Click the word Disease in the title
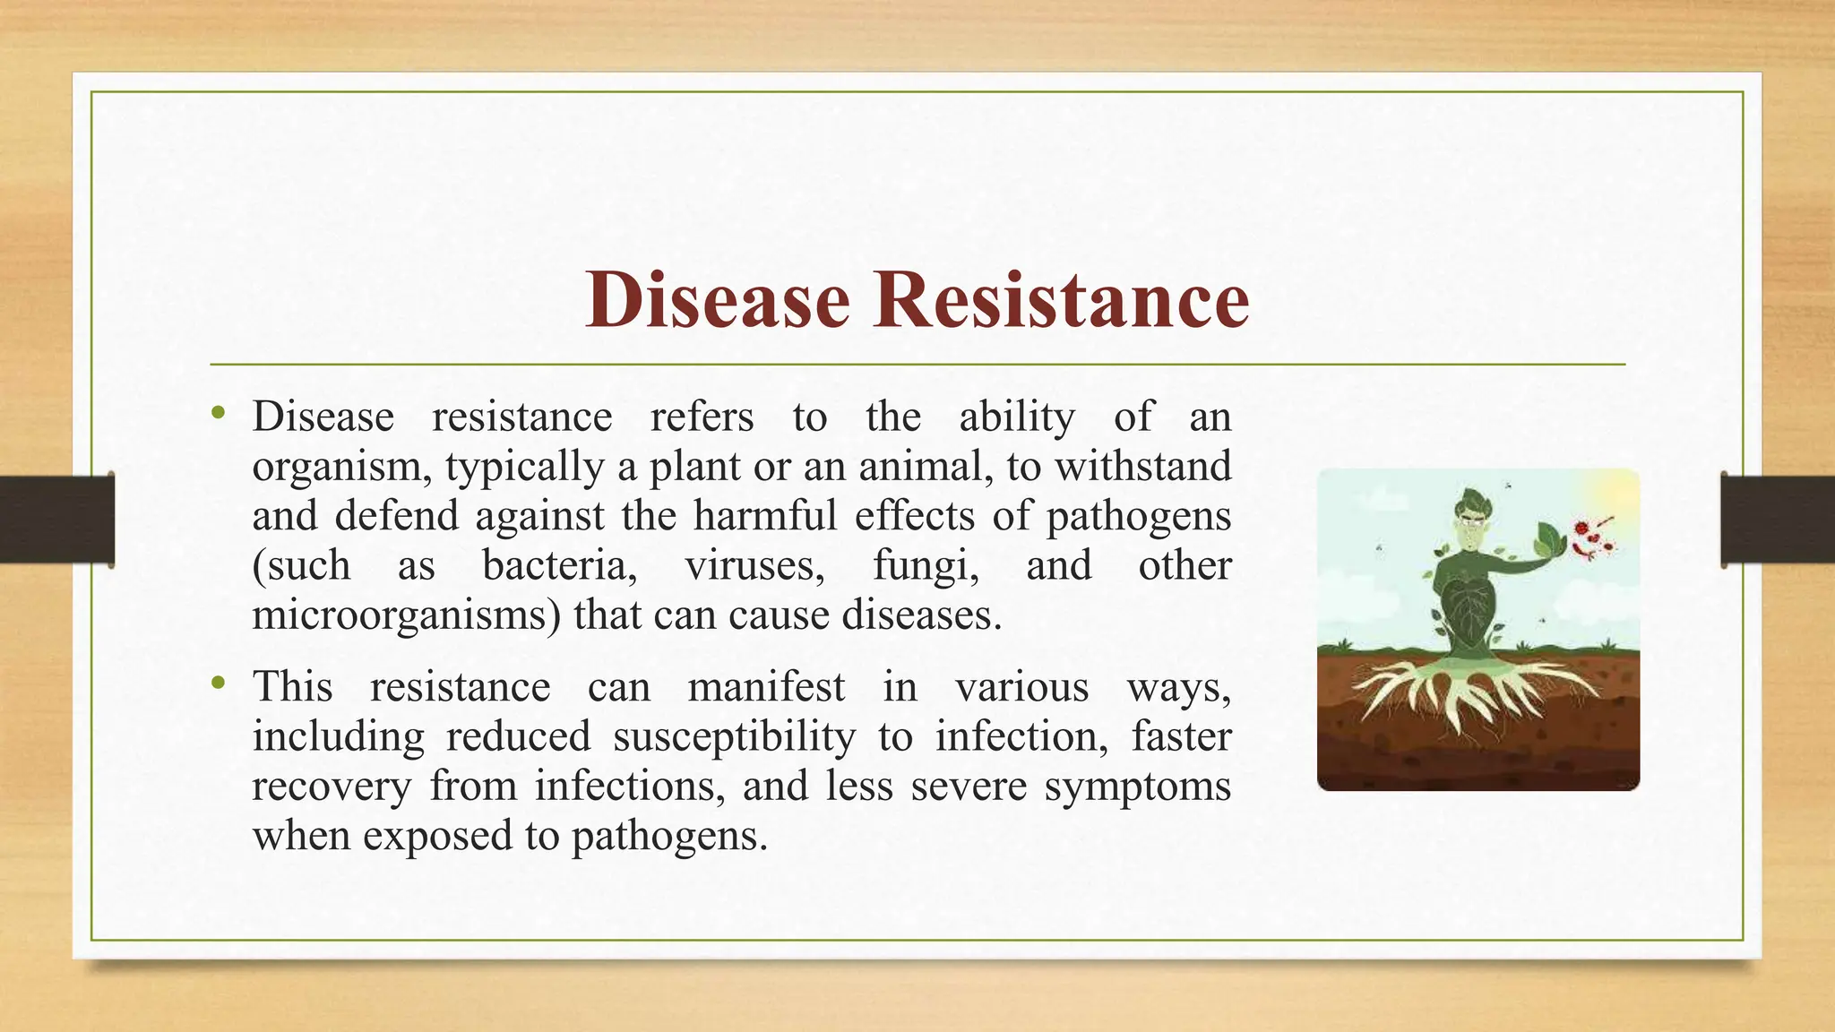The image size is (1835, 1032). (717, 300)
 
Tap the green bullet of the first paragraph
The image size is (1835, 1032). (217, 413)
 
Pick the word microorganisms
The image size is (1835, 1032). (407, 615)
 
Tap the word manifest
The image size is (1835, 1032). (766, 688)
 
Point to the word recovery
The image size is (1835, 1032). (331, 787)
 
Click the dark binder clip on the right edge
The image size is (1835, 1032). (1778, 520)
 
